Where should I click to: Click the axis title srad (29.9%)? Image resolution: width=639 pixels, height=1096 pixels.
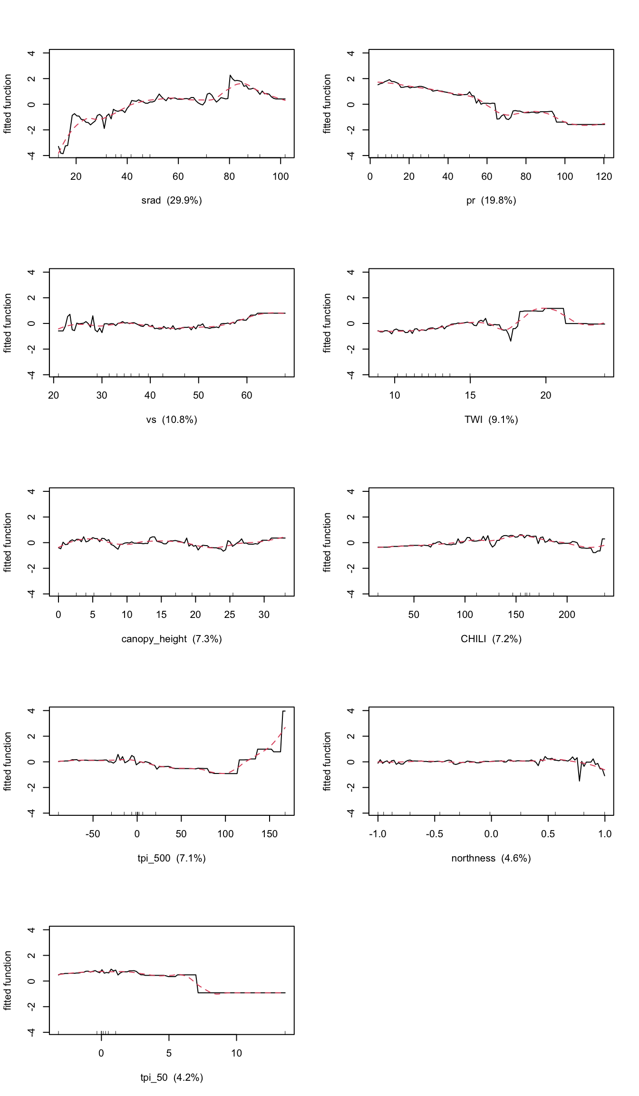coord(172,200)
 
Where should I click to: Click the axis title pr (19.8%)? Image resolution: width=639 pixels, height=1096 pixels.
coord(491,200)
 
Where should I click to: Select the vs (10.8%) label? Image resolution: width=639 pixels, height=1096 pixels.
coord(172,420)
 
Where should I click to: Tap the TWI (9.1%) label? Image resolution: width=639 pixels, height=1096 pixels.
coord(491,420)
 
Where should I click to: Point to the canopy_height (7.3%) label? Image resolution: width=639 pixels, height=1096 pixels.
coord(172,639)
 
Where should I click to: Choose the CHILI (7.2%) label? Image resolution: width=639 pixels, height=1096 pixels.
coord(491,639)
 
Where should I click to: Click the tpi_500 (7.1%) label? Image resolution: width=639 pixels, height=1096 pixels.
coord(172,858)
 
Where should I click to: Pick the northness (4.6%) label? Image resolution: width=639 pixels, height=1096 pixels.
coord(491,858)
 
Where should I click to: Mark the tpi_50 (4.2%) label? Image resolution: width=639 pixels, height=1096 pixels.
coord(172,1077)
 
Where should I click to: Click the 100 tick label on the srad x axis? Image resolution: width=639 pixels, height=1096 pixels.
coord(281,176)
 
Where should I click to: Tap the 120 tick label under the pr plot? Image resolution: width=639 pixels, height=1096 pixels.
coord(604,176)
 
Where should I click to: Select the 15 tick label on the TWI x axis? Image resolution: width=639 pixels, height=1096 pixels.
coord(470,395)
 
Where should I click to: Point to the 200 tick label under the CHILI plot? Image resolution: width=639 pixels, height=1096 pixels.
coord(567,615)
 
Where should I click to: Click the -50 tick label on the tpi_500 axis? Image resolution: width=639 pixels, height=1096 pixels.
coord(92,834)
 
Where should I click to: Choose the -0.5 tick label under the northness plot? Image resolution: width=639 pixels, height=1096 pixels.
coord(434,834)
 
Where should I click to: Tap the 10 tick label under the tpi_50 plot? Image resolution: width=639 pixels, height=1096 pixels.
coord(236,1053)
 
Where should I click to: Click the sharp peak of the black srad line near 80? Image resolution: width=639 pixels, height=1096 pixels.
coord(230,76)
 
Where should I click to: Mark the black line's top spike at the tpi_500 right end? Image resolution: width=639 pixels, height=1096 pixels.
coord(283,711)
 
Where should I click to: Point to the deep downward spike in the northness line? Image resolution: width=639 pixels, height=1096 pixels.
coord(579,781)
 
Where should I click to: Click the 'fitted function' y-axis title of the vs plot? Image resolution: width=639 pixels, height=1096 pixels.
coord(8,323)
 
